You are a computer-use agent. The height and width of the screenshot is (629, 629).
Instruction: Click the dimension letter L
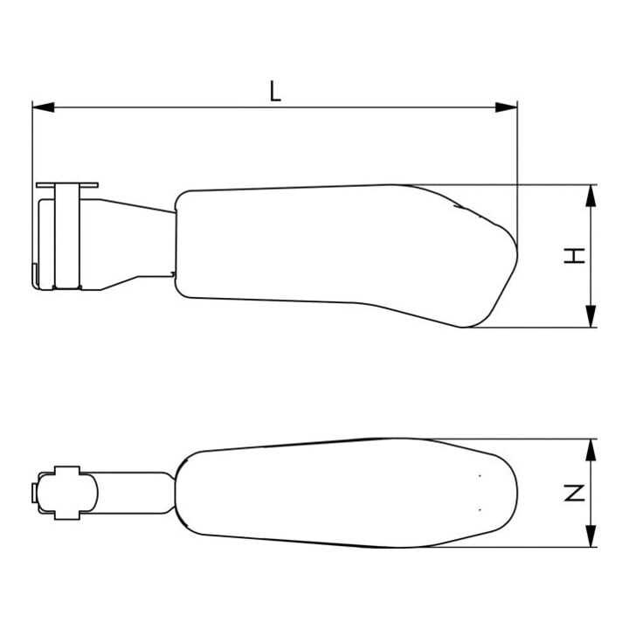275,91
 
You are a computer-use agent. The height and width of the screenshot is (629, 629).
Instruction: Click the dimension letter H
575,256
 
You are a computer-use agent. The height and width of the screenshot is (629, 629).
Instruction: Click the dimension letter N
575,493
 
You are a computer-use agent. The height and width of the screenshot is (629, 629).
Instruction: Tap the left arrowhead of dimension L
44,107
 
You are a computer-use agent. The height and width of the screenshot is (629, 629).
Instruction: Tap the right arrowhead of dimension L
506,107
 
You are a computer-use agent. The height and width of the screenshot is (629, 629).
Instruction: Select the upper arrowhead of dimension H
591,196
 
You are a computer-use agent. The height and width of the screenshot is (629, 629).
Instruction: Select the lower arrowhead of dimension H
591,316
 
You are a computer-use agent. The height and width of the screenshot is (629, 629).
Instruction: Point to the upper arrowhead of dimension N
591,450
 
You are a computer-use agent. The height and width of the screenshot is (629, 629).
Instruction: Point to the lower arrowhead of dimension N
591,536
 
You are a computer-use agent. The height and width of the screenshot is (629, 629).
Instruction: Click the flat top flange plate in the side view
67,185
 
